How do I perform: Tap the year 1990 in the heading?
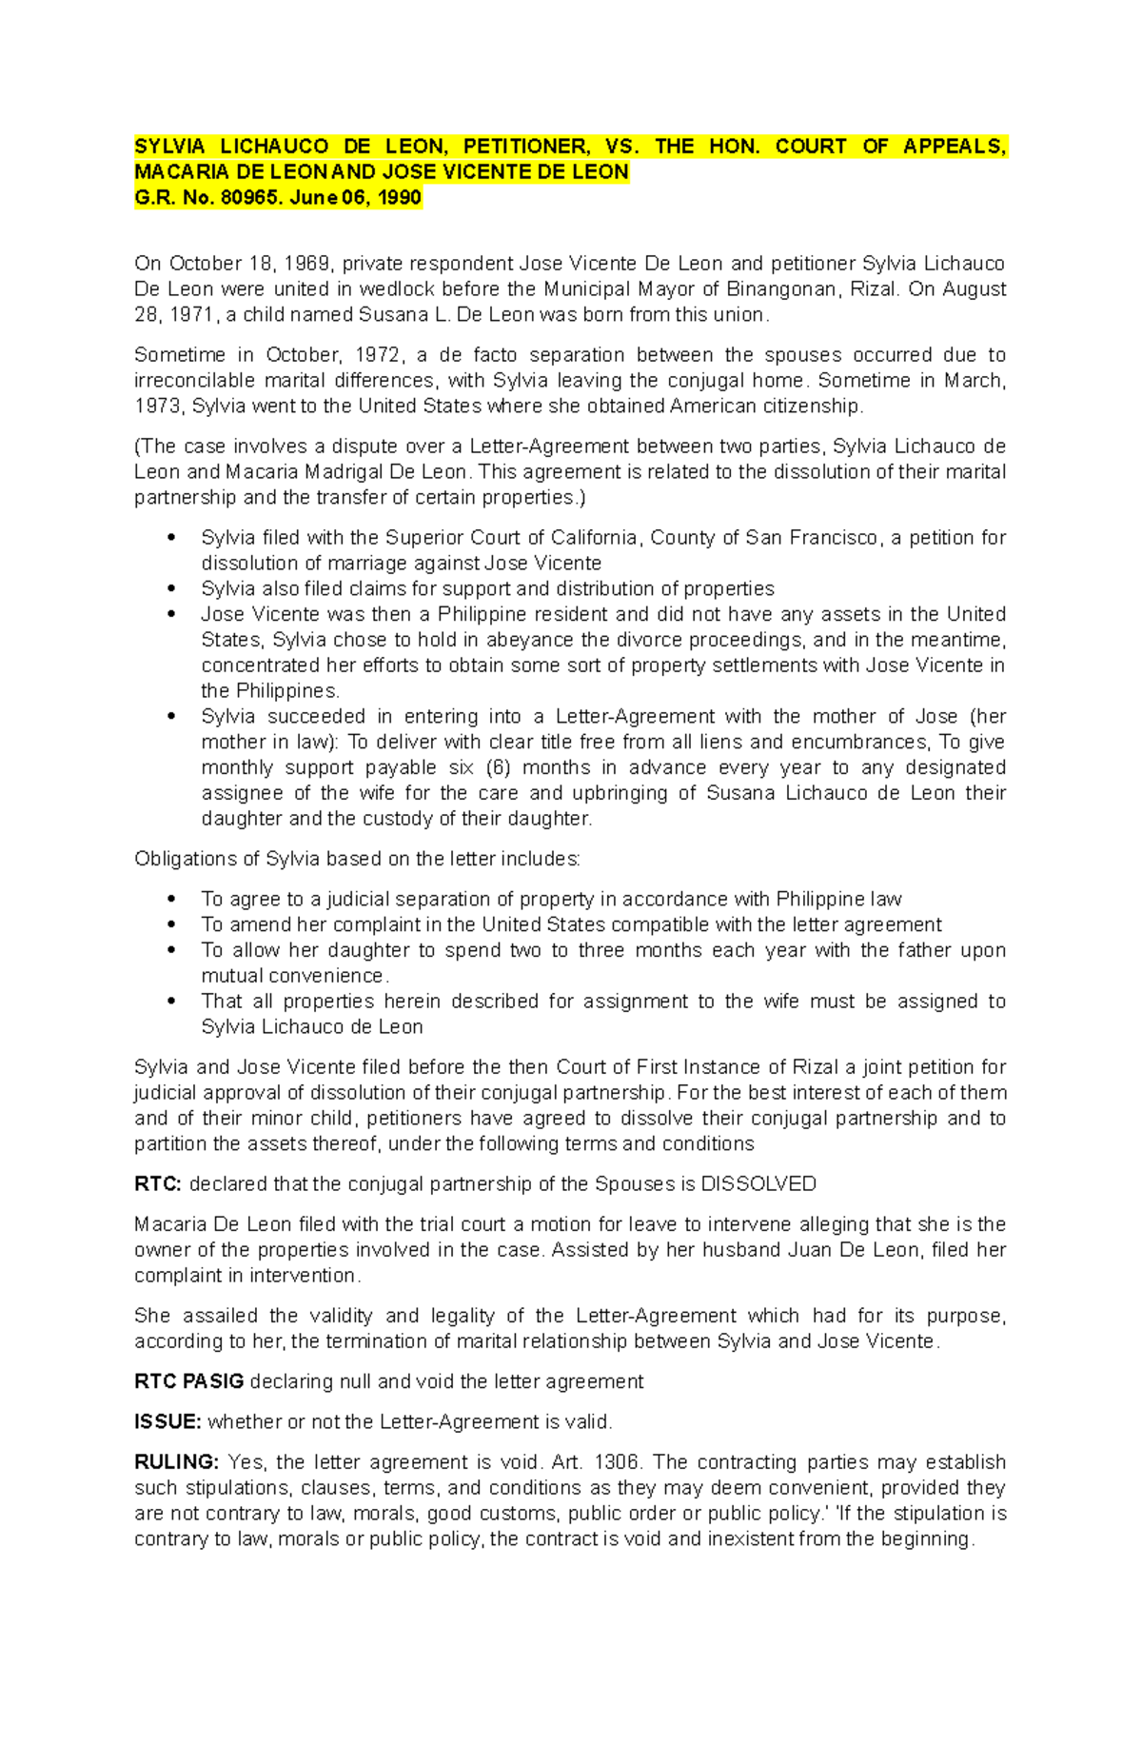tap(400, 198)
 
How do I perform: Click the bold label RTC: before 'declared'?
tap(158, 1183)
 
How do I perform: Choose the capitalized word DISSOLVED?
tap(758, 1183)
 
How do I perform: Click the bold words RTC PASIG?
tap(189, 1381)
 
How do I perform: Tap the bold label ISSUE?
tap(167, 1421)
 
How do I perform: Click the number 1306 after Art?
tap(619, 1461)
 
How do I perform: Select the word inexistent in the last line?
tap(749, 1539)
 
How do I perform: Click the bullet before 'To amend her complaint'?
tap(172, 924)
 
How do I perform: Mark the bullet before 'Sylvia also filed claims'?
tap(172, 588)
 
